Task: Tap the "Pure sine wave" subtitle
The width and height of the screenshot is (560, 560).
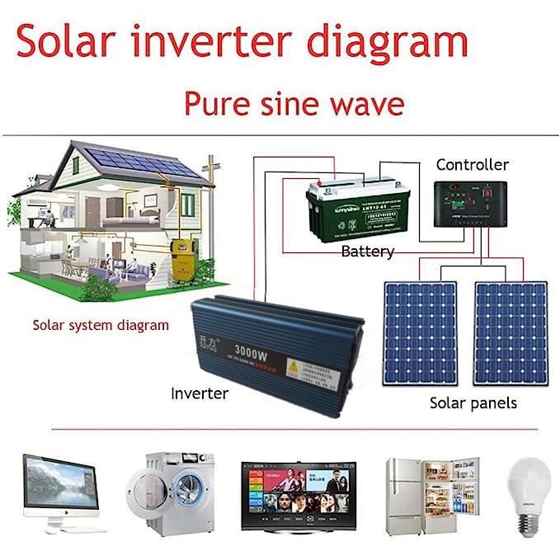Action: (294, 105)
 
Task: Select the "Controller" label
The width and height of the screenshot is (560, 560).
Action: (472, 165)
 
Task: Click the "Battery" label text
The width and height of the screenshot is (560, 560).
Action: (367, 252)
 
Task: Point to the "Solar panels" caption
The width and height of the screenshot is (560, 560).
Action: (473, 403)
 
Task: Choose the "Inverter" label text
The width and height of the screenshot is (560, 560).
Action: (200, 393)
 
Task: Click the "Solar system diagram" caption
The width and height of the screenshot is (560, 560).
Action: (101, 325)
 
